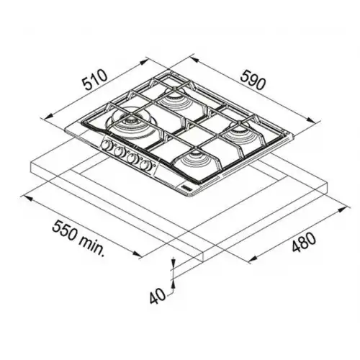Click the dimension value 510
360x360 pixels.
tap(94, 79)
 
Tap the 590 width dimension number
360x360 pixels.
tap(253, 81)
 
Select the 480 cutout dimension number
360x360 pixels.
tap(303, 242)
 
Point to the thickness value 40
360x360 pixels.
tap(158, 295)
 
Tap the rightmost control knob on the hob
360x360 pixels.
tap(146, 166)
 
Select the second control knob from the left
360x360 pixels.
tap(119, 151)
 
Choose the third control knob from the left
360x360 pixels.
tap(132, 158)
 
